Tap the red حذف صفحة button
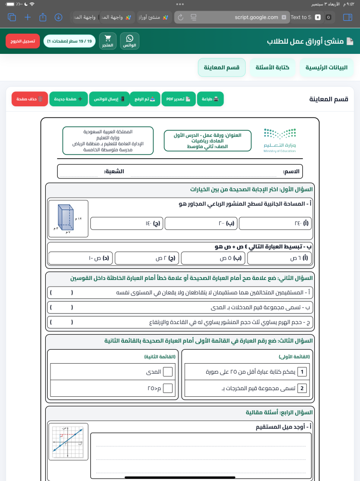(30, 99)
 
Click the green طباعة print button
(210, 99)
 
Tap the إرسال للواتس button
(110, 99)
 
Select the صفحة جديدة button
(69, 99)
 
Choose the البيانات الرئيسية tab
(326, 68)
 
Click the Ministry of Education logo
(280, 140)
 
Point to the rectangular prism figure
(68, 218)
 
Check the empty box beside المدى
(168, 371)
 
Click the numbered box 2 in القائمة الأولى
(302, 388)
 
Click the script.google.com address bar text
(256, 17)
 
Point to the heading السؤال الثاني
(191, 278)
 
